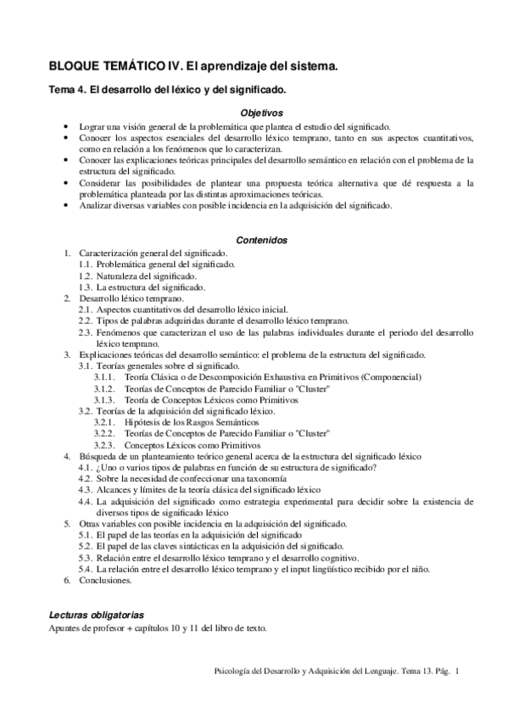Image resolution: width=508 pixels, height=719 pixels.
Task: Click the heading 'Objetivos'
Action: click(261, 112)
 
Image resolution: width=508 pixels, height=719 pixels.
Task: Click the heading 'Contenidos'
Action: click(261, 240)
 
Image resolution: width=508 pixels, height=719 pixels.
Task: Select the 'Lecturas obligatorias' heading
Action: click(96, 613)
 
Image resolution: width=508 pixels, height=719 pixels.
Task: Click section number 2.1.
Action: click(85, 309)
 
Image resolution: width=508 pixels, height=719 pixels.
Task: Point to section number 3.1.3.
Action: click(104, 399)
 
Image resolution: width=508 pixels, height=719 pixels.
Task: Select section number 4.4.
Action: click(85, 502)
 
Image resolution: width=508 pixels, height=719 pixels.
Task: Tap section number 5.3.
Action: click(85, 558)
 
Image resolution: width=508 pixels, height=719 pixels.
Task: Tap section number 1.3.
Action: click(85, 287)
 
